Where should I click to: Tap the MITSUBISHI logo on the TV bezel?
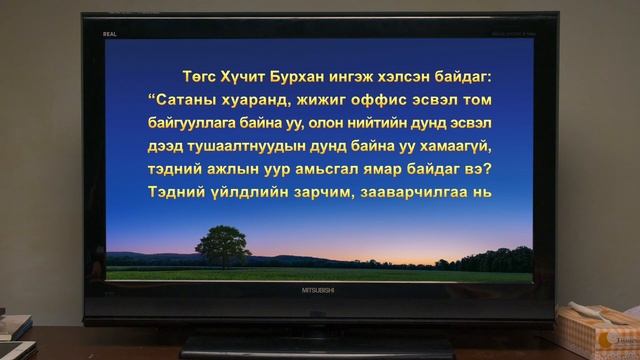320,290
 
